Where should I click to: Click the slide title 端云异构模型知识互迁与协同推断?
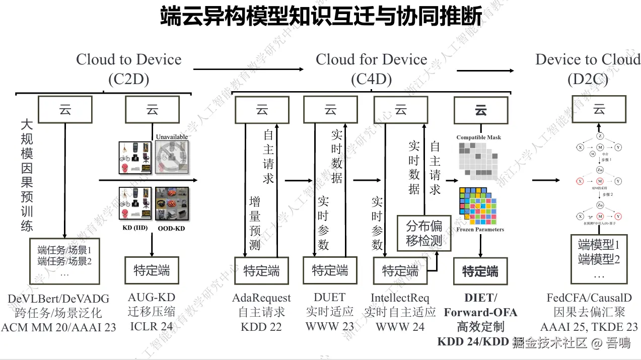coord(321,16)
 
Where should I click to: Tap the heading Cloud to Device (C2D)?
coord(128,69)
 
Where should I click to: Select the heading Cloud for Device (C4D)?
coord(371,69)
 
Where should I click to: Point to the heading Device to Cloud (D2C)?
coord(587,69)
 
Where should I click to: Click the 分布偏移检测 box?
coord(423,233)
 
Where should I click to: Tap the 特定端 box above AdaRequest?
coord(261,271)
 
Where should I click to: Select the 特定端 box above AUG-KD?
coord(152,270)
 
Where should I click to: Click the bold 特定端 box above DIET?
coord(480,272)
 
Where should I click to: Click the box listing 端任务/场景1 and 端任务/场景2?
coord(64,260)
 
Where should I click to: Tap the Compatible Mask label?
coord(478,137)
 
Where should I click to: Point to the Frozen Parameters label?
coord(480,230)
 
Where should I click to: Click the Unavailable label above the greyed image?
coord(171,137)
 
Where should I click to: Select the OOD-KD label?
coord(171,228)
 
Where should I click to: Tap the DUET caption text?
coord(330,298)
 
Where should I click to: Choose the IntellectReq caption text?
coord(400,298)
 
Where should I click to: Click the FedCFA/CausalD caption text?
coord(589,298)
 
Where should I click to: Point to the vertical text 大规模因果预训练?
coord(27,175)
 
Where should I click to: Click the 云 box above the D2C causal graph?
coord(598,109)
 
